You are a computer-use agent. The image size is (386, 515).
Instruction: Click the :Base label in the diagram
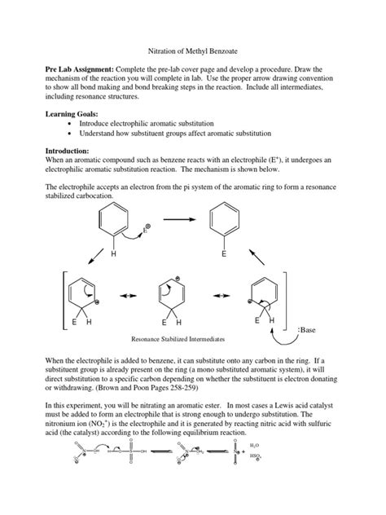click(x=310, y=330)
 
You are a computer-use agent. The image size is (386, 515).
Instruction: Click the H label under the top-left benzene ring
click(x=114, y=254)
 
